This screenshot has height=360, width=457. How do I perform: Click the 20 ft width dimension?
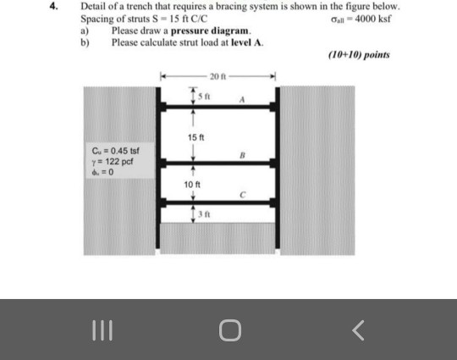pos(217,78)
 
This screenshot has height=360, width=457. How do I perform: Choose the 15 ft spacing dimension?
pos(195,135)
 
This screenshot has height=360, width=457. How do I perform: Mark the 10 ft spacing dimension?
pos(193,183)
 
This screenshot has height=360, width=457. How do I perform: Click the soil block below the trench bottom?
pos(218,238)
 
